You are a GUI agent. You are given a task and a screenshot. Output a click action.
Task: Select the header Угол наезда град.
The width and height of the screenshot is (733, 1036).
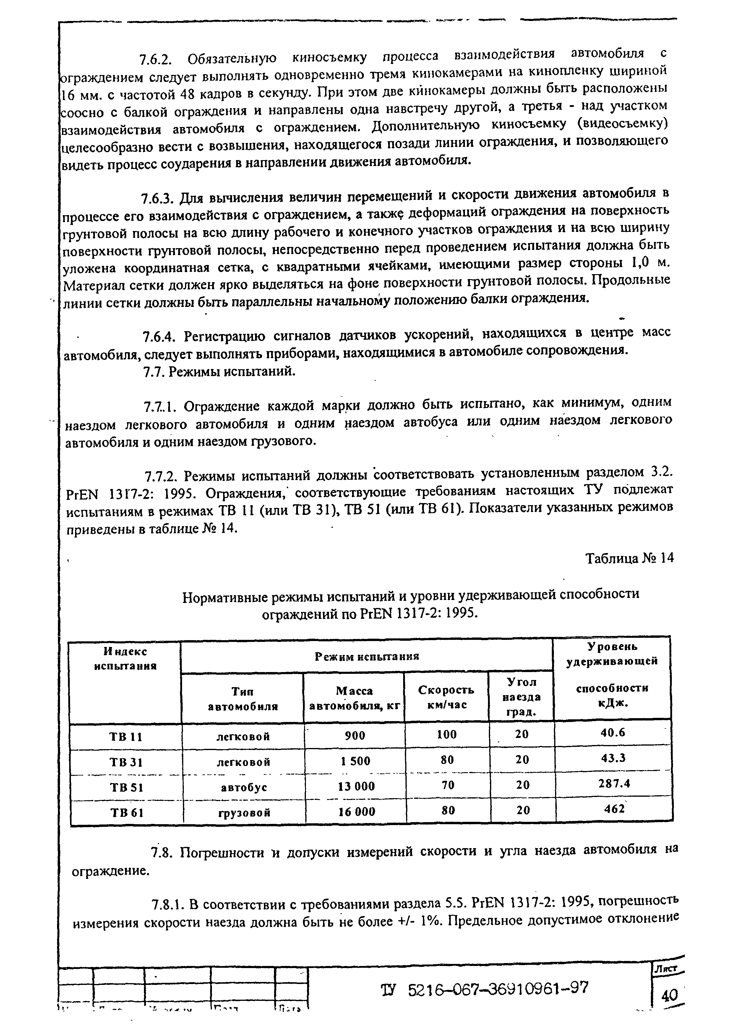(x=521, y=697)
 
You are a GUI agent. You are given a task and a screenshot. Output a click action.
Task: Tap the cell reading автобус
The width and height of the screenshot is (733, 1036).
(x=244, y=787)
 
